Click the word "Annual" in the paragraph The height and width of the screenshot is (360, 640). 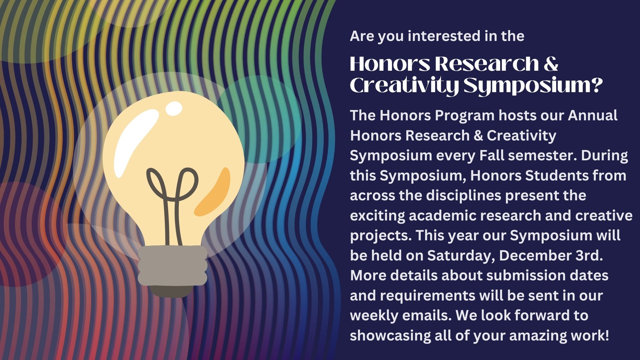pos(592,115)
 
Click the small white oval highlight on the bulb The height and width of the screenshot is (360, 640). pos(174,108)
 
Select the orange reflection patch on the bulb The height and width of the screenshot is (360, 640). pos(212,192)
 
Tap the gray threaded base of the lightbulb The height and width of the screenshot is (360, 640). pos(172,266)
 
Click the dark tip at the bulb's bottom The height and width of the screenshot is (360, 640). pos(171,291)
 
